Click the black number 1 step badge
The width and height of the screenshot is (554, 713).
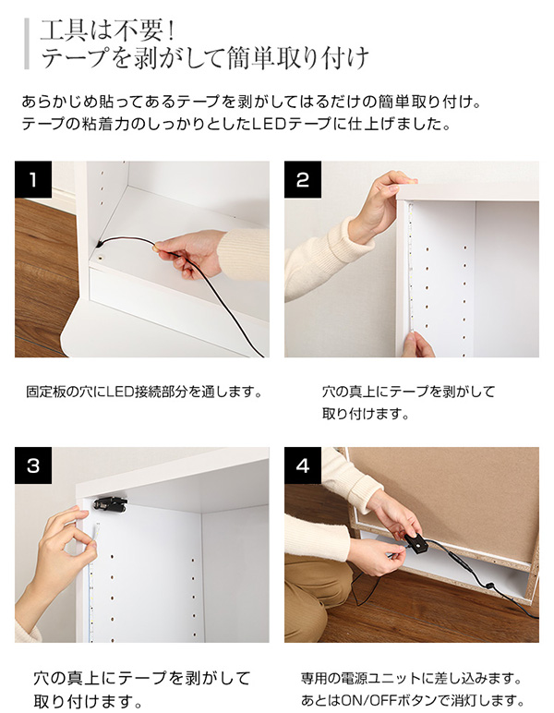[33, 179]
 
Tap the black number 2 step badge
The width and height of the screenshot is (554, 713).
[303, 179]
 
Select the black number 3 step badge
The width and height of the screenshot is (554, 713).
[33, 465]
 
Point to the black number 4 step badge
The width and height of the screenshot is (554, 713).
[303, 465]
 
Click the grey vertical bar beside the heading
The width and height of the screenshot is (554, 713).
[27, 43]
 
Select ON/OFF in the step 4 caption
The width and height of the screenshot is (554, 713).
[363, 700]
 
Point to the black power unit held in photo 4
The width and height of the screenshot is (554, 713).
[415, 542]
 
